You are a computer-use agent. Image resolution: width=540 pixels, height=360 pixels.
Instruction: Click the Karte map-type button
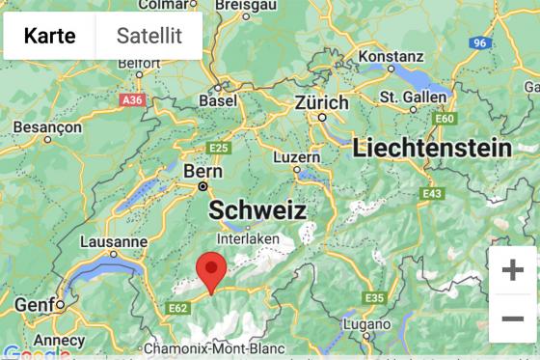49,37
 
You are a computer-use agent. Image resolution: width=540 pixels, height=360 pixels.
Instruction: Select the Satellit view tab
149,37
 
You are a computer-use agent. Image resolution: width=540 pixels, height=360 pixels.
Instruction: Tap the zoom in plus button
512,270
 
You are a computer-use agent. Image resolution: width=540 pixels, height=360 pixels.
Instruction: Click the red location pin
211,271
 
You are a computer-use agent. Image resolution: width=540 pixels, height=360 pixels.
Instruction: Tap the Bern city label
202,170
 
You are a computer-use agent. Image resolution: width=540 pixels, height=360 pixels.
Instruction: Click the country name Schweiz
257,210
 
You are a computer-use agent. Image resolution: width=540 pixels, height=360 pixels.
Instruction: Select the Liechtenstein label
431,148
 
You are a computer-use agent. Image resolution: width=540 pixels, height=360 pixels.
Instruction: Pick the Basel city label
217,100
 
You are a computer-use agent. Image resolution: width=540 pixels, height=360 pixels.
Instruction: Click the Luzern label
296,156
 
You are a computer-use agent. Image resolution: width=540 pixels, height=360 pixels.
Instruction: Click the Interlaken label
249,237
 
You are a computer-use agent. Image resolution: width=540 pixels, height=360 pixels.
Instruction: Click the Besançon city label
46,126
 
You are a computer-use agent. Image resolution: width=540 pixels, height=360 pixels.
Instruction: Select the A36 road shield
132,99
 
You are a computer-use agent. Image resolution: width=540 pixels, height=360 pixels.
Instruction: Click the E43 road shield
431,194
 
